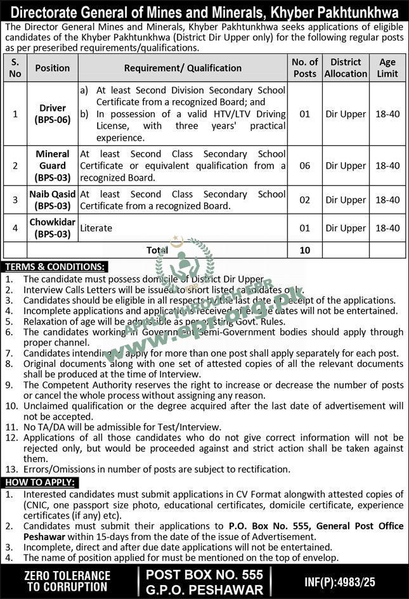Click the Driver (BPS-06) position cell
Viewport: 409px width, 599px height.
point(53,114)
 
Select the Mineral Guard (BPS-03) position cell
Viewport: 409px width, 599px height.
point(53,165)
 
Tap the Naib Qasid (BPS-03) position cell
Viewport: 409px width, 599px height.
point(53,200)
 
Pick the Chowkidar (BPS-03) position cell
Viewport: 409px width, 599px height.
point(53,228)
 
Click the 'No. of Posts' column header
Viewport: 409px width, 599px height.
point(305,68)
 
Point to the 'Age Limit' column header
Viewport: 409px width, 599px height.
point(387,68)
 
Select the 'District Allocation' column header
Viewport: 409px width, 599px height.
point(346,68)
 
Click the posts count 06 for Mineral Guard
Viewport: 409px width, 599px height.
point(305,165)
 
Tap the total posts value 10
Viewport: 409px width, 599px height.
point(305,250)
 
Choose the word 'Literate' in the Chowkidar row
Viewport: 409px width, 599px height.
point(96,228)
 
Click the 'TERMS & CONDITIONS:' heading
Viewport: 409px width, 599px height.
point(55,267)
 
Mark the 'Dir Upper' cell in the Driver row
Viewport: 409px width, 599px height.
point(346,114)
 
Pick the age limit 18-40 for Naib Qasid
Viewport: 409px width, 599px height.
point(387,200)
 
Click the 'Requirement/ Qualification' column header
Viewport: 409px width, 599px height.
point(183,68)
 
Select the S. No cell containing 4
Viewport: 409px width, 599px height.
point(15,228)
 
